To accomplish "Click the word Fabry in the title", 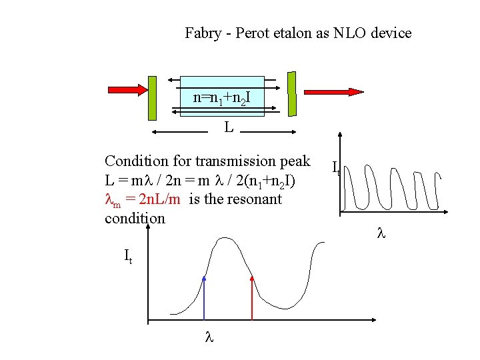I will click(203, 33).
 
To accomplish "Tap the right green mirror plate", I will click(291, 92).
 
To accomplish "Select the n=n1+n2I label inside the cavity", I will click(222, 98).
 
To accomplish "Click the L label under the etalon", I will click(228, 127).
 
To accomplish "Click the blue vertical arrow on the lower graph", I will click(204, 296).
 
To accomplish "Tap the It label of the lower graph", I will click(128, 255).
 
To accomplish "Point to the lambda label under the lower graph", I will click(207, 338).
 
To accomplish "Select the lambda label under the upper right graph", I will click(381, 234).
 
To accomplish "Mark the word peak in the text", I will click(296, 161).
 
